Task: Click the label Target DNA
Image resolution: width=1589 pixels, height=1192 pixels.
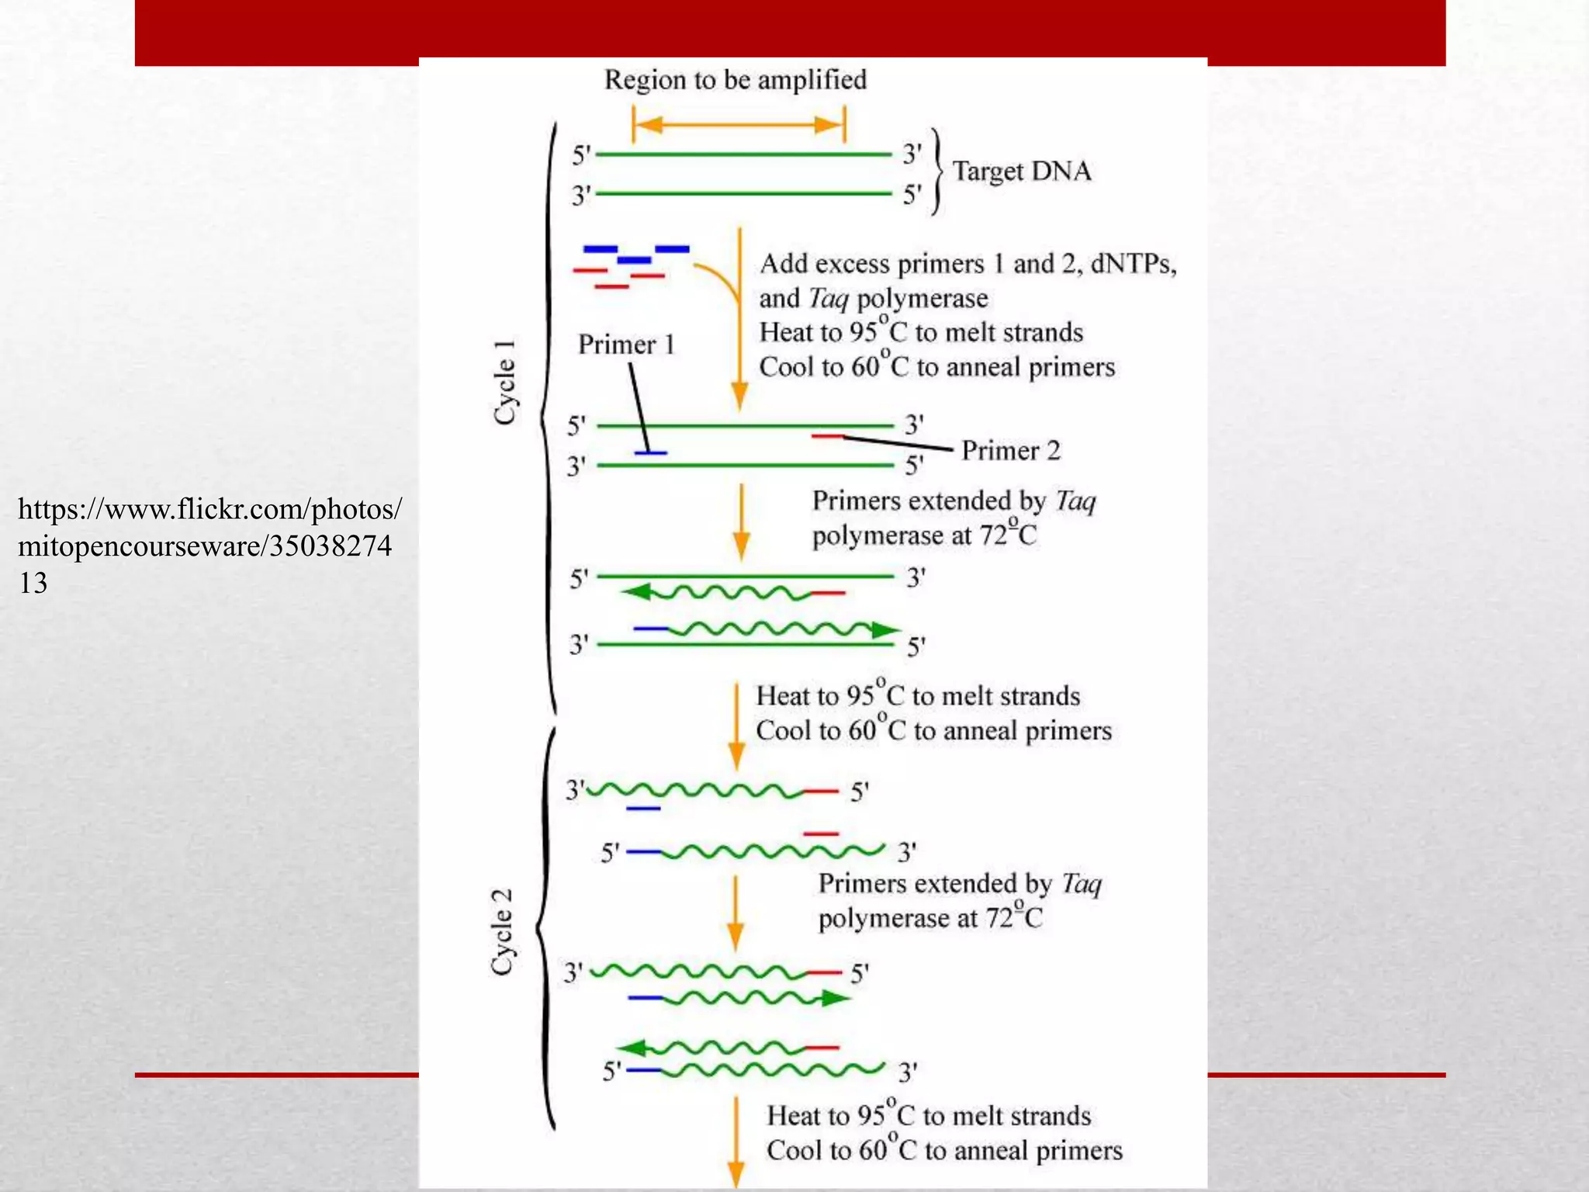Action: click(x=1021, y=172)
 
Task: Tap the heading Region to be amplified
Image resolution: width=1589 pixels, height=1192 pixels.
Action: click(x=735, y=80)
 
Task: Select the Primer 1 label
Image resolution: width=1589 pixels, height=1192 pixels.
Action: click(x=626, y=345)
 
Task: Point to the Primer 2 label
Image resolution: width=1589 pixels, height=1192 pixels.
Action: click(x=1010, y=451)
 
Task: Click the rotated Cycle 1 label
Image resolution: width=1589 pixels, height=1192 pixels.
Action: click(x=505, y=382)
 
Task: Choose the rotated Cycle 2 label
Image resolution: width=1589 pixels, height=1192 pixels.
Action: click(x=503, y=931)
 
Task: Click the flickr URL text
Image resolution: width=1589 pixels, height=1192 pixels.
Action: click(x=209, y=546)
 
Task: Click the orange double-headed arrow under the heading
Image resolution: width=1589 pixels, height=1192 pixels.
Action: click(x=739, y=125)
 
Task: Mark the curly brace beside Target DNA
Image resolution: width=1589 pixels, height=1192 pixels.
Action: click(x=937, y=172)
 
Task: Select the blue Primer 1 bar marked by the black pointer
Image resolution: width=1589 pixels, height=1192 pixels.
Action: click(x=651, y=452)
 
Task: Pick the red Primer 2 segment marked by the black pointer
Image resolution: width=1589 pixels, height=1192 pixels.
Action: click(x=827, y=437)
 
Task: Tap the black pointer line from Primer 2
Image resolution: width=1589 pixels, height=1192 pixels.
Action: click(x=897, y=444)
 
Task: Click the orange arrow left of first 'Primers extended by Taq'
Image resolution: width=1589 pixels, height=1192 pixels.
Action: click(x=741, y=521)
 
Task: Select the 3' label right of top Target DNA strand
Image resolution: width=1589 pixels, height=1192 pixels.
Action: click(x=912, y=154)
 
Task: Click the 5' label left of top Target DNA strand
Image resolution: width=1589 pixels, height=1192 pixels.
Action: click(x=581, y=156)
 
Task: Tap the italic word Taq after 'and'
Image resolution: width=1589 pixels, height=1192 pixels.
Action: click(x=828, y=299)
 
